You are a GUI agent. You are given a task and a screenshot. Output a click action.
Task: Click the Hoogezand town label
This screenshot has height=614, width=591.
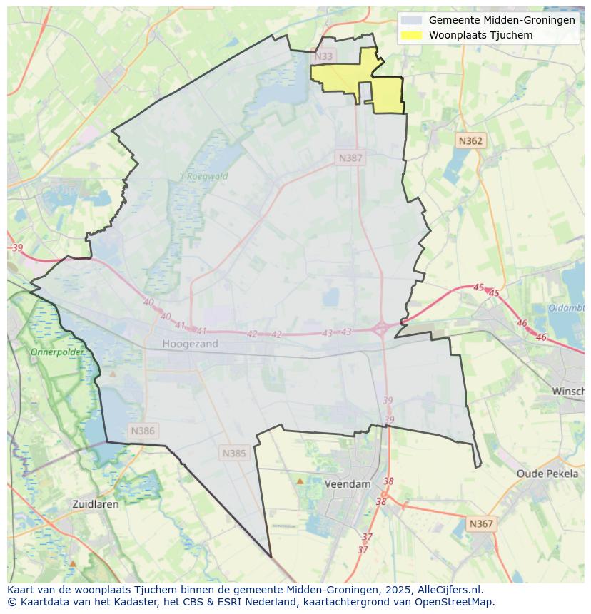(x=190, y=344)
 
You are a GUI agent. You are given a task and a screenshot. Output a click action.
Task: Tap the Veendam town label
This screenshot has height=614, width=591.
(x=348, y=483)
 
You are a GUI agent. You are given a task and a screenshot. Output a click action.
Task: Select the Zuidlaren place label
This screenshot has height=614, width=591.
(x=96, y=503)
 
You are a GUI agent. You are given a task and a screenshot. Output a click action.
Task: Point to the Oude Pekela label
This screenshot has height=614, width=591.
(x=547, y=474)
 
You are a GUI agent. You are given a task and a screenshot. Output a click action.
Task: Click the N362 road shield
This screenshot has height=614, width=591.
(x=470, y=141)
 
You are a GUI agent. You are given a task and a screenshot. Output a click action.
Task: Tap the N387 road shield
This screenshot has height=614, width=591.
(x=350, y=158)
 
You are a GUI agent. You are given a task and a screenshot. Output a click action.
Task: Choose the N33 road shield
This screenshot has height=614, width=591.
(x=323, y=56)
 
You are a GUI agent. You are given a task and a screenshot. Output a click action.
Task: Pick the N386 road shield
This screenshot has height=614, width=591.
(x=143, y=431)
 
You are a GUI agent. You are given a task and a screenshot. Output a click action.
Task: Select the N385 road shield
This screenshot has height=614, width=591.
(x=234, y=453)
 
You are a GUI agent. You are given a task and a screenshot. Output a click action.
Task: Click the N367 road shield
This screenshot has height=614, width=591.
(x=480, y=523)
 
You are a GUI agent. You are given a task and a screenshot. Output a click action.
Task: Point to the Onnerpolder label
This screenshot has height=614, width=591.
(x=57, y=352)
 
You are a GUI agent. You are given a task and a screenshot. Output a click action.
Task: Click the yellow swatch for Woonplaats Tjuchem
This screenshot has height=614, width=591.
(x=411, y=35)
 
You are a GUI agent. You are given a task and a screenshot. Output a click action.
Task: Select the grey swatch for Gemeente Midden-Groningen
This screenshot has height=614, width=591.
(x=411, y=20)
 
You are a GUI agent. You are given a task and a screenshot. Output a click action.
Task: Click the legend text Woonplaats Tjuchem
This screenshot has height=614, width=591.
(x=480, y=35)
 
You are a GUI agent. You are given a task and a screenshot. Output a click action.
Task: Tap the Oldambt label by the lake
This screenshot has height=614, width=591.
(x=566, y=308)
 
